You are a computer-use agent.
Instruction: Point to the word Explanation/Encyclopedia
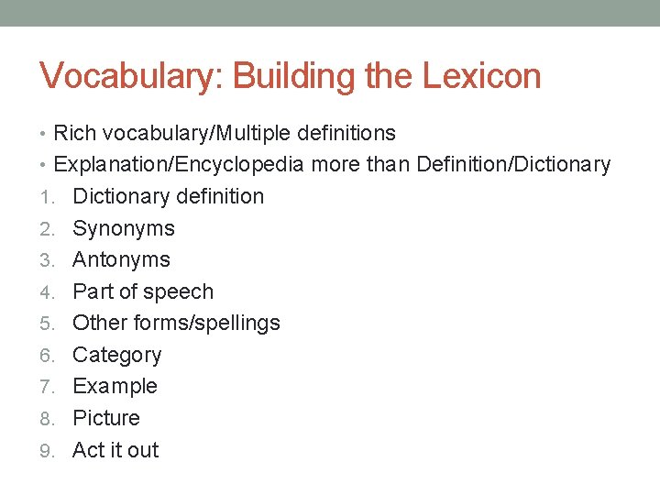point(180,165)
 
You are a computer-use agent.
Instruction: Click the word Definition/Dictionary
point(513,165)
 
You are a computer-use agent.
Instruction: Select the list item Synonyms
point(123,228)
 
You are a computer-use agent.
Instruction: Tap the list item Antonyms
point(121,259)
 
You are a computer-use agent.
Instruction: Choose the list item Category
point(116,355)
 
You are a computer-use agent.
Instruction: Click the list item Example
point(115,386)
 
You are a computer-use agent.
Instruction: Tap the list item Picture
point(106,418)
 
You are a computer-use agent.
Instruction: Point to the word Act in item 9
point(88,450)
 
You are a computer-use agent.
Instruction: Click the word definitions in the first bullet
point(345,133)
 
